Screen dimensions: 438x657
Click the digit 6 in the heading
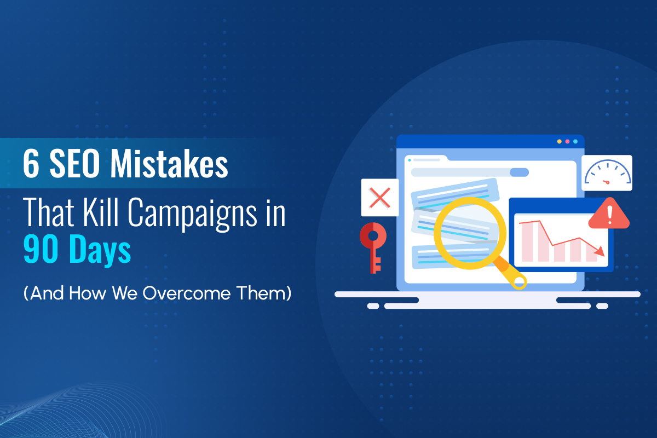[31, 163]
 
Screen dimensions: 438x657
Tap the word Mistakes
[169, 163]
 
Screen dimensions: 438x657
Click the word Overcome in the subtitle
[181, 292]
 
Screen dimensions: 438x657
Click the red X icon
[379, 197]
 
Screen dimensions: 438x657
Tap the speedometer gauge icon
[607, 173]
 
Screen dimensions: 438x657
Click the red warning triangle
[609, 213]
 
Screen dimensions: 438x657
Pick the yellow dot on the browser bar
[559, 141]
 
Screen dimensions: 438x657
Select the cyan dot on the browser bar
[575, 141]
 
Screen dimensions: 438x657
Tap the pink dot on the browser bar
[567, 141]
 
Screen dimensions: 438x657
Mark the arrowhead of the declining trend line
[601, 252]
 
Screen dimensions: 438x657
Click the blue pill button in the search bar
[519, 172]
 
